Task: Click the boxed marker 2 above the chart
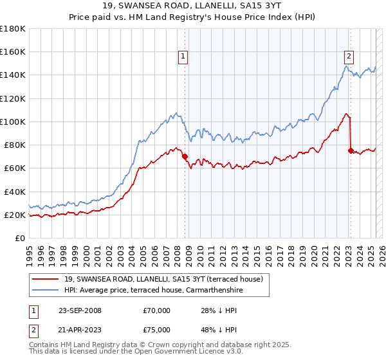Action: coord(349,56)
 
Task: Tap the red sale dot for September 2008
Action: coord(185,156)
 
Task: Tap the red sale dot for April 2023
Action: coord(351,150)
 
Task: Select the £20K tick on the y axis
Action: coord(15,215)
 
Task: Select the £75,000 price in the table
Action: coord(157,331)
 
